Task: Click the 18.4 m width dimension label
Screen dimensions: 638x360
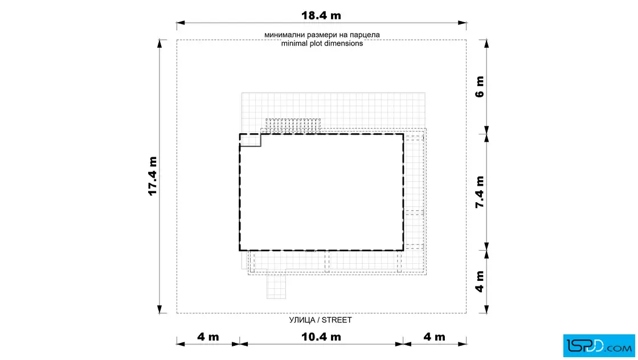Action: click(x=321, y=15)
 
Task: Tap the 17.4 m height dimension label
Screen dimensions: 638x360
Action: click(x=153, y=176)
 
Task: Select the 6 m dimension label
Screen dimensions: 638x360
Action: click(x=480, y=87)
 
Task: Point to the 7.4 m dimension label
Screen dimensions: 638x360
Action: click(x=480, y=192)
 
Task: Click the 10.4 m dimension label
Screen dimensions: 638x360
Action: click(x=321, y=337)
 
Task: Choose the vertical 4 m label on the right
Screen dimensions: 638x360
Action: click(x=480, y=281)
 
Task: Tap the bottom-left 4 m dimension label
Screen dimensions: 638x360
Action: click(x=208, y=337)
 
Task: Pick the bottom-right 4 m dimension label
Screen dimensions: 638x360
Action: click(x=434, y=337)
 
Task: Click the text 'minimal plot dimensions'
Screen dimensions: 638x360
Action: click(x=322, y=43)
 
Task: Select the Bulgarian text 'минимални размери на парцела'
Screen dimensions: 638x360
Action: click(x=322, y=35)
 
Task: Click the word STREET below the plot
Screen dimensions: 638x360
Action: click(x=337, y=320)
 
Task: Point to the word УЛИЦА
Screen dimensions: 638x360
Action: click(x=302, y=320)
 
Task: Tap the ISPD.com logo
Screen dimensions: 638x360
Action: click(x=599, y=346)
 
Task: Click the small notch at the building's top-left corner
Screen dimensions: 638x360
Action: click(x=250, y=140)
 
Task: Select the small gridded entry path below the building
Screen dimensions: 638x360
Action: click(x=276, y=284)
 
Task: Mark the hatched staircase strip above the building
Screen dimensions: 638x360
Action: click(x=293, y=126)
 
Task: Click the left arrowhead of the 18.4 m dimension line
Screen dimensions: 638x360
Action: click(x=181, y=23)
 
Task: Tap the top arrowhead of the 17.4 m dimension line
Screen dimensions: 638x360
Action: click(x=159, y=44)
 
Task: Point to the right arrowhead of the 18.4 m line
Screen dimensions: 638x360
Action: click(x=462, y=23)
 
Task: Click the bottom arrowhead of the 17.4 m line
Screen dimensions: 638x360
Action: click(x=159, y=309)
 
